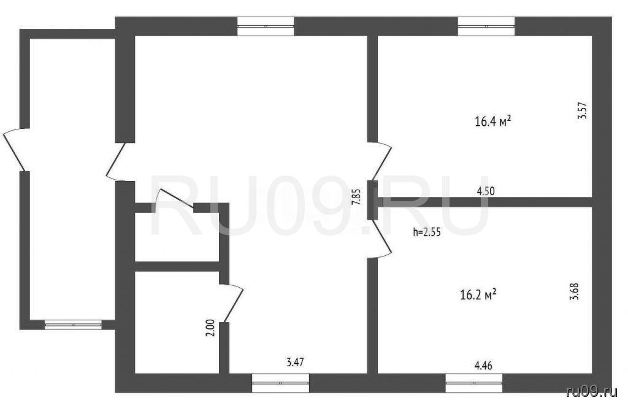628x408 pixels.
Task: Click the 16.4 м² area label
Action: pos(492,121)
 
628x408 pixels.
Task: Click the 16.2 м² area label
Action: pos(478,295)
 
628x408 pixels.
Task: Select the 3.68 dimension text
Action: pos(574,292)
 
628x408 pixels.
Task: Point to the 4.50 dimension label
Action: pos(486,191)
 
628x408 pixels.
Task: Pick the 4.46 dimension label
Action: pos(483,366)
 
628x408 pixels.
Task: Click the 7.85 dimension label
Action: pos(356,197)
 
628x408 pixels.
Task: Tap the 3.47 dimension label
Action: pos(295,363)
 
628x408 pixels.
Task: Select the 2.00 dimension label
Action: pos(211,328)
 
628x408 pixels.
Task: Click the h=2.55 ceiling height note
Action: pos(427,232)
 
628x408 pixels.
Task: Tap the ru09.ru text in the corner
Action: pos(592,392)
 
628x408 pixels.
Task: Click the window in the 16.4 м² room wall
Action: pos(486,26)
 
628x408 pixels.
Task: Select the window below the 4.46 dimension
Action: pos(474,383)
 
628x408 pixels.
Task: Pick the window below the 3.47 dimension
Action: pos(280,383)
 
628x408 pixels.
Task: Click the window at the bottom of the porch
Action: pos(73,325)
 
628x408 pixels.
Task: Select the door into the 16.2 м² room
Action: pos(381,239)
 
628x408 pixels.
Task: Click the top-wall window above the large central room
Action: pos(266,26)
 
